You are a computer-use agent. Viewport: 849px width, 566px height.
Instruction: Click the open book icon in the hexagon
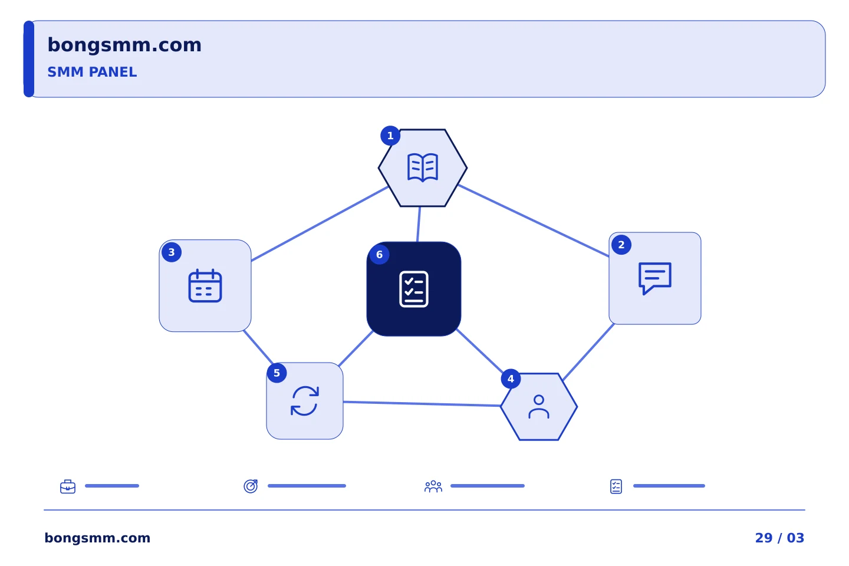click(423, 167)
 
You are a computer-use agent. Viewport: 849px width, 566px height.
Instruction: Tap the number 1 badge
click(390, 136)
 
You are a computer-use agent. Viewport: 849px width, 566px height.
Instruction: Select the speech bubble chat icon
click(655, 278)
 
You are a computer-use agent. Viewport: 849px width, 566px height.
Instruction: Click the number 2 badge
click(621, 245)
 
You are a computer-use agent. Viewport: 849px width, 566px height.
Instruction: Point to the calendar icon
click(205, 285)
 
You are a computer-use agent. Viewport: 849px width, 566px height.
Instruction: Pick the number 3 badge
click(172, 252)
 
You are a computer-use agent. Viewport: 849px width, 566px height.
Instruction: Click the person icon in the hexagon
click(539, 407)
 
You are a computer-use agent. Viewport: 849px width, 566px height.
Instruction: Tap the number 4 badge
click(511, 379)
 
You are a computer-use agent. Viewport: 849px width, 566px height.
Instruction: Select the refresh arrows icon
click(305, 401)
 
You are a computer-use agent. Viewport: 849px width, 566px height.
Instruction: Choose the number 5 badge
click(277, 373)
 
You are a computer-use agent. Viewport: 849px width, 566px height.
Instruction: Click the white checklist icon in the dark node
click(414, 289)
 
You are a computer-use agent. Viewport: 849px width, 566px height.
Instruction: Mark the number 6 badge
click(379, 254)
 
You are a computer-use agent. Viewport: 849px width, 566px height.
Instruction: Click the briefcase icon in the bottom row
click(68, 486)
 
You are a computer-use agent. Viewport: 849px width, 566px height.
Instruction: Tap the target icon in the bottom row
click(251, 486)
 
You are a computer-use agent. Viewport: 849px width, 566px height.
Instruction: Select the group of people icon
click(433, 486)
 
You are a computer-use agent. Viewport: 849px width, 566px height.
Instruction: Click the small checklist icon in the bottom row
click(616, 486)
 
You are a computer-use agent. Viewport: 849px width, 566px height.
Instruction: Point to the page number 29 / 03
click(779, 538)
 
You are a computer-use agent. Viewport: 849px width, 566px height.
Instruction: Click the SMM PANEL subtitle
click(92, 72)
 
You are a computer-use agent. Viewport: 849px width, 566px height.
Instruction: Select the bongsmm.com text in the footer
click(97, 538)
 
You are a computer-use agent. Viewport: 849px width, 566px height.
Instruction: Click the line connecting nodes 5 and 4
click(422, 404)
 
